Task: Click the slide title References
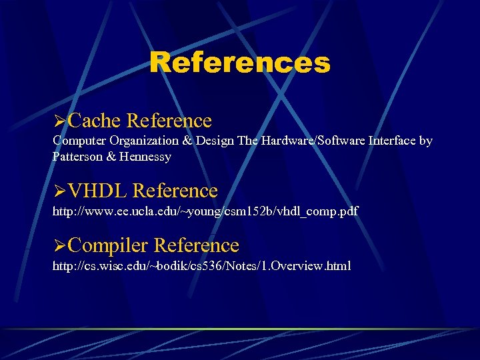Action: [x=240, y=63]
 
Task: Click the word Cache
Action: [x=94, y=121]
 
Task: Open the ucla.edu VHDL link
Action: [x=205, y=211]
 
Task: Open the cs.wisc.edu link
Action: [x=201, y=266]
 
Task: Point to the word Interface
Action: [x=387, y=141]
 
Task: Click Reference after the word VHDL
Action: [x=175, y=191]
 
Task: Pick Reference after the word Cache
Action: [x=169, y=121]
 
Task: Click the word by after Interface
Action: [x=425, y=141]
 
